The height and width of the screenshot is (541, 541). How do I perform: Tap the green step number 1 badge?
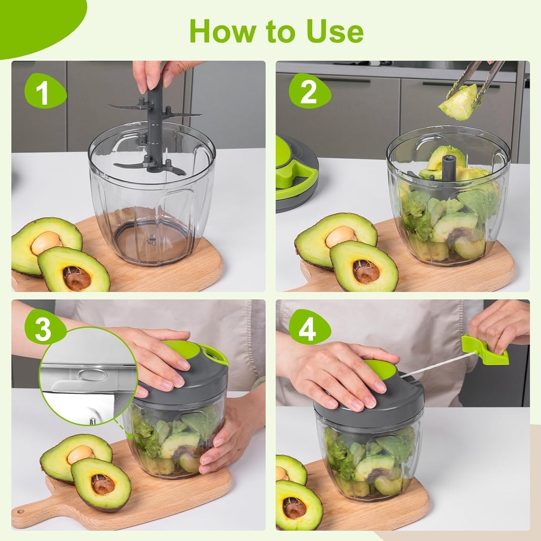click(44, 91)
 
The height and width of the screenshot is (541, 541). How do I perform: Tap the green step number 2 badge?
click(309, 91)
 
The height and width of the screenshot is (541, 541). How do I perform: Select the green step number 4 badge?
click(309, 328)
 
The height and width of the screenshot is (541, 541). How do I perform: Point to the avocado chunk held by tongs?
click(459, 103)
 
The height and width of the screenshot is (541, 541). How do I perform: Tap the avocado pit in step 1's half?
click(46, 242)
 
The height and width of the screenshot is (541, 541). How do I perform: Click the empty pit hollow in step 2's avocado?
click(366, 271)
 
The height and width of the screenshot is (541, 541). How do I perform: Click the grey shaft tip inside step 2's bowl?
click(449, 167)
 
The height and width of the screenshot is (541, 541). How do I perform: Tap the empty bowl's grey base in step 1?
click(152, 243)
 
